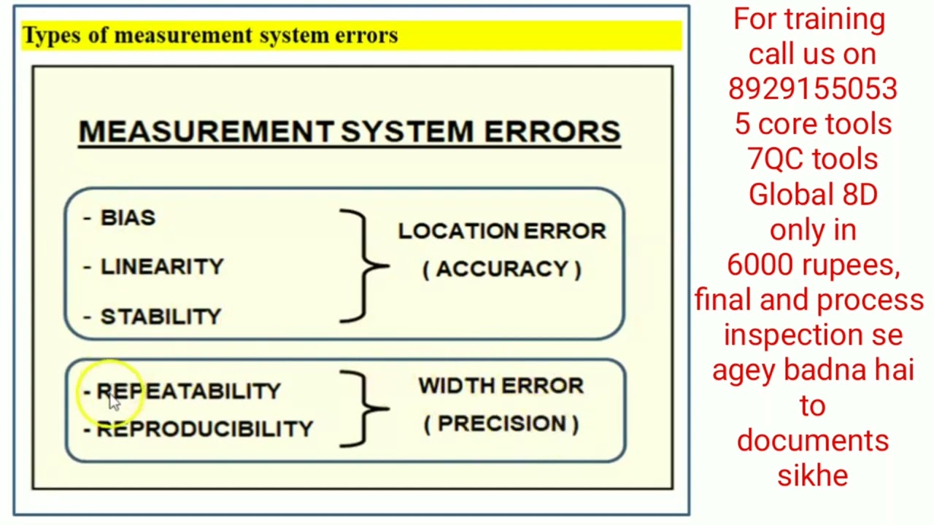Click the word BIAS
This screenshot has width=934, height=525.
tap(128, 217)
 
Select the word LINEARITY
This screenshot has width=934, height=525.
tap(162, 267)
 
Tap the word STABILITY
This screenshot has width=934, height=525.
tap(161, 316)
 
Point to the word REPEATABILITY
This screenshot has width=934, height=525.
tap(188, 391)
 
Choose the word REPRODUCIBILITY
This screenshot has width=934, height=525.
tap(205, 429)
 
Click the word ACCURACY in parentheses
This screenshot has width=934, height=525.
tap(502, 269)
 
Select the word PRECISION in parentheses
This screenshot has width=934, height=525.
tap(501, 424)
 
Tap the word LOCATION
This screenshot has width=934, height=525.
tap(458, 231)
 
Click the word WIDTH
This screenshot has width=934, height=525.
tap(457, 386)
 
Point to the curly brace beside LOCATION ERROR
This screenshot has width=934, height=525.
tap(366, 266)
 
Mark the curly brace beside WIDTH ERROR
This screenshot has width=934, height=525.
tap(366, 409)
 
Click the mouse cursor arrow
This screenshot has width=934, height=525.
tap(114, 402)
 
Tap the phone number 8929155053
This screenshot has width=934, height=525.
tap(813, 89)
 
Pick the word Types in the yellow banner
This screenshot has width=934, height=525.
tap(52, 36)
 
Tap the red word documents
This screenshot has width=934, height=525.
tap(813, 440)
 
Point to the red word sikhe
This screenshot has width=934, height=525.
tap(813, 475)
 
